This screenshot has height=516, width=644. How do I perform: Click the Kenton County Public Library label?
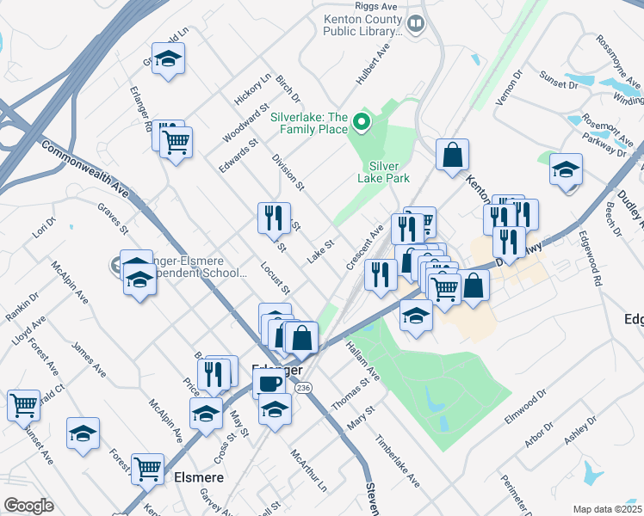pos(362,25)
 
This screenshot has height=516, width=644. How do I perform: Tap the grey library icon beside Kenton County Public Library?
pos(417,23)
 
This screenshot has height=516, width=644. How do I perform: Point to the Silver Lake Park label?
pos(389,172)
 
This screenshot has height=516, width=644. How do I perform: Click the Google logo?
pos(28,506)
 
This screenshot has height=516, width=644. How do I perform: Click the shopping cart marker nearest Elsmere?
pos(148,469)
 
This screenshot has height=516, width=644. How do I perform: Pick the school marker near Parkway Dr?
pos(566,169)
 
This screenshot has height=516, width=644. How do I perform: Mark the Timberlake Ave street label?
pos(397,465)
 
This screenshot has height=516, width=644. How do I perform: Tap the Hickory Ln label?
pos(253,89)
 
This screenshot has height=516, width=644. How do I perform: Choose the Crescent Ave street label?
pos(364,248)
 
